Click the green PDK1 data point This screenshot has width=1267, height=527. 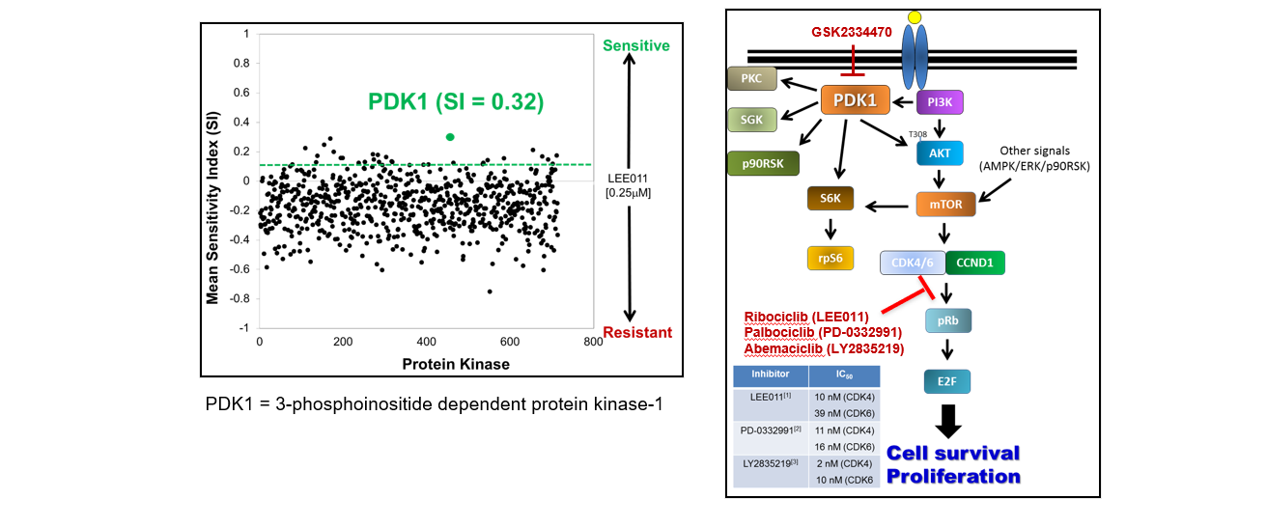click(x=450, y=137)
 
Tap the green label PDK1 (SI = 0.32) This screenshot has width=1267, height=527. click(x=455, y=101)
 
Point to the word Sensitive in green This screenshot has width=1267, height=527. click(x=635, y=45)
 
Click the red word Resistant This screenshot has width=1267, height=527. click(x=637, y=333)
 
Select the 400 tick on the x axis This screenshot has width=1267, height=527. click(x=427, y=343)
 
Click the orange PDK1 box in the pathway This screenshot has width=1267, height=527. click(x=855, y=100)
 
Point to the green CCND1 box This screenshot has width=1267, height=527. click(x=975, y=262)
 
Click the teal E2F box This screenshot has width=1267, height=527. click(x=945, y=383)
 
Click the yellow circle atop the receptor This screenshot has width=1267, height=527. click(x=914, y=17)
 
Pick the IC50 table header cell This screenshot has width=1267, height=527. click(x=843, y=376)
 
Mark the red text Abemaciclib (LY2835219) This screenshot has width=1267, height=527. click(x=824, y=349)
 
